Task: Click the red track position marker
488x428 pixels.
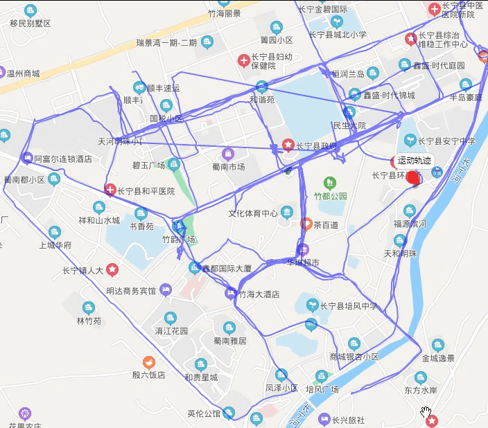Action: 413,179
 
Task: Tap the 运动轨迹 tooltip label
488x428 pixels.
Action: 415,160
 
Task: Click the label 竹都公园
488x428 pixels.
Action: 330,196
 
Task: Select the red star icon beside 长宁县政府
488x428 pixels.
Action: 288,145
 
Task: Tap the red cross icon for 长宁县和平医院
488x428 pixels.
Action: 110,190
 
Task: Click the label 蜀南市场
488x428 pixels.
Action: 228,166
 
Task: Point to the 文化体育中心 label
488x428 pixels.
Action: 253,213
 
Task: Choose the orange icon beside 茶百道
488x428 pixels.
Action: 306,224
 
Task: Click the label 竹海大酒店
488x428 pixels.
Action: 259,294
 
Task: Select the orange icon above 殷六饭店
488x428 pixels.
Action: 148,362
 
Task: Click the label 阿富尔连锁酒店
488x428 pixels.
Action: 63,159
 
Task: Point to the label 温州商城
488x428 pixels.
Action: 23,73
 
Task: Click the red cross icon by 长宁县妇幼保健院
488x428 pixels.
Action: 243,61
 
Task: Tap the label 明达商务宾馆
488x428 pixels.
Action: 132,291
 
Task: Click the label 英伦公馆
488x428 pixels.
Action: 204,414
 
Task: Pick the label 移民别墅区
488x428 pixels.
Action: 31,24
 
